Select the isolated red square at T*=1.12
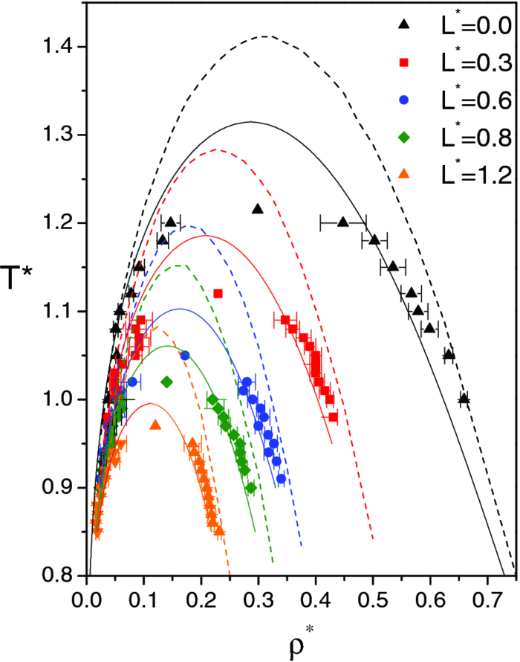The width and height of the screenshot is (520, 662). tap(218, 294)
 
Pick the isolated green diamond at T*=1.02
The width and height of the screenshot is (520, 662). tap(166, 382)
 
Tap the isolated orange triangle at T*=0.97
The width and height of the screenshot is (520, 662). tap(155, 425)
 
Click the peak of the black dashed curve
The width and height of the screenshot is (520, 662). tap(264, 36)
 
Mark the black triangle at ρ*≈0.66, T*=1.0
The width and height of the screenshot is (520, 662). tap(464, 398)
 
